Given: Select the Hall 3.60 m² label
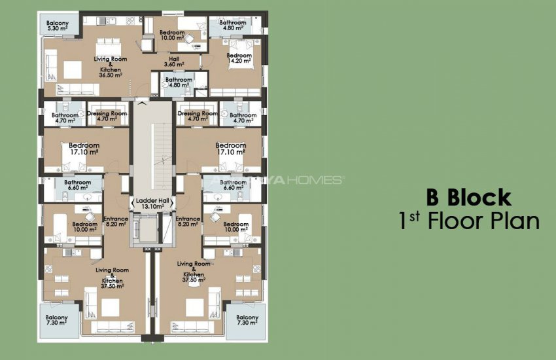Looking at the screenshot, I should pyautogui.click(x=173, y=62).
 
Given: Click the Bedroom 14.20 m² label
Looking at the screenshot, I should pyautogui.click(x=239, y=59).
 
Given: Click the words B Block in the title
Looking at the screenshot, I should pyautogui.click(x=468, y=197).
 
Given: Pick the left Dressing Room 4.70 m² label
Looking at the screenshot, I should pyautogui.click(x=107, y=117).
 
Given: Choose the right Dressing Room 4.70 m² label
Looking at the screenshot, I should pyautogui.click(x=198, y=117).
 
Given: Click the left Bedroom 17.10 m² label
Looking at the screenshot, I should pyautogui.click(x=84, y=149).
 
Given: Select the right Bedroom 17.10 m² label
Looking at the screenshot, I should pyautogui.click(x=230, y=149).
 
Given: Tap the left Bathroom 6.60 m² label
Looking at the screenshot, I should pyautogui.click(x=77, y=185).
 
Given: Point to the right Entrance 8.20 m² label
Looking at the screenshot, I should pyautogui.click(x=188, y=222).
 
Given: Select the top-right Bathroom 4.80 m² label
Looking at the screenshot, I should pyautogui.click(x=232, y=26).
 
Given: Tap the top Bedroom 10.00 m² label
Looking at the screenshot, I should pyautogui.click(x=172, y=35).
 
